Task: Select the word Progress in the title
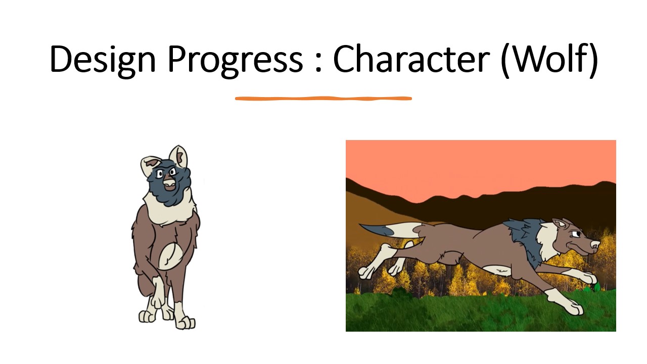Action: (x=235, y=61)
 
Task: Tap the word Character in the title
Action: (x=411, y=58)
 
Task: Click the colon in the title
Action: (x=318, y=62)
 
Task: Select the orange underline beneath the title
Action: (x=323, y=99)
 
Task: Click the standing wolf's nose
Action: (x=169, y=183)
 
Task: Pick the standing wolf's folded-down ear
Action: (x=149, y=165)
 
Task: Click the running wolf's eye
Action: (x=575, y=233)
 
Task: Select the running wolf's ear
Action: (x=561, y=224)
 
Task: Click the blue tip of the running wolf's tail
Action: (x=376, y=230)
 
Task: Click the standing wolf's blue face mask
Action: (x=169, y=184)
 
